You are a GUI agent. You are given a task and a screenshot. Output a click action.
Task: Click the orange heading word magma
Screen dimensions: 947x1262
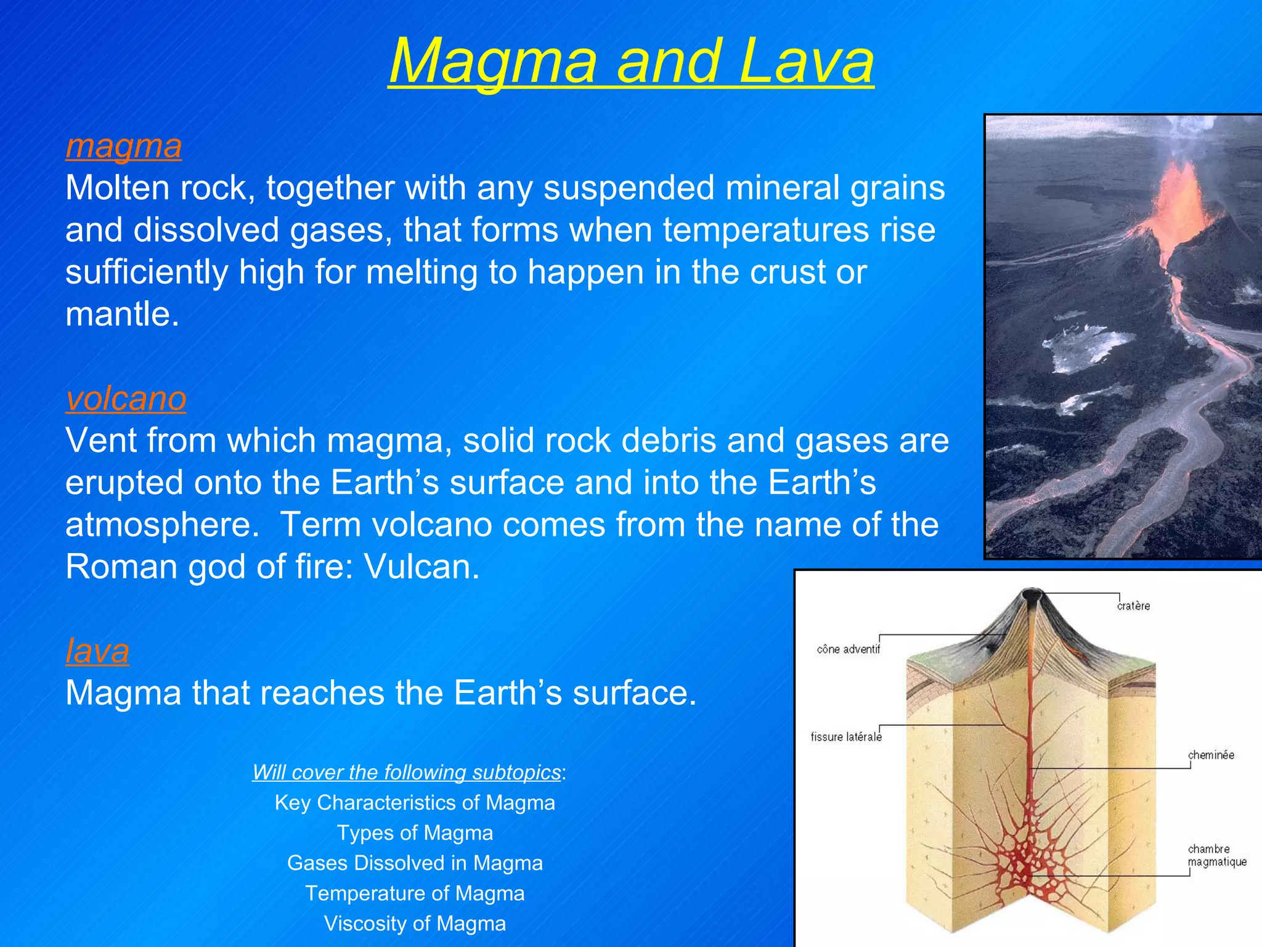click(123, 146)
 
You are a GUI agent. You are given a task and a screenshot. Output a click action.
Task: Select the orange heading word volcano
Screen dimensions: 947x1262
click(126, 398)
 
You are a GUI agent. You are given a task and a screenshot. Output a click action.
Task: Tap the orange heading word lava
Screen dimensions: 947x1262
click(97, 650)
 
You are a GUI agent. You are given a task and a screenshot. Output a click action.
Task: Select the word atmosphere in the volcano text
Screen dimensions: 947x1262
click(162, 525)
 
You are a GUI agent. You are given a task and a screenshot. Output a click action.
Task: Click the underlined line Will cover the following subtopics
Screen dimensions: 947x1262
click(407, 772)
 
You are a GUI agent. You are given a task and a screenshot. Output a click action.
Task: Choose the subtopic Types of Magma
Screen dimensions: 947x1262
click(415, 833)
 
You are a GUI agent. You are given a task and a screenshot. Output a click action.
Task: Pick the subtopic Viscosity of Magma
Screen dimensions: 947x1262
click(415, 924)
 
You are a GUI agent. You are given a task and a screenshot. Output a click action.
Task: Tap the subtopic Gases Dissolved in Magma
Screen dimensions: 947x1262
click(415, 863)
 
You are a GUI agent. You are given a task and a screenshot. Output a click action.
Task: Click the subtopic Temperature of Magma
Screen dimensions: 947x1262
click(415, 893)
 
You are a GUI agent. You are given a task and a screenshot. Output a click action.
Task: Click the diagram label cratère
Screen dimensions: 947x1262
click(1133, 606)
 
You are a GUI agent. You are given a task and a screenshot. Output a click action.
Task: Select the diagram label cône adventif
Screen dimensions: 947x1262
click(848, 649)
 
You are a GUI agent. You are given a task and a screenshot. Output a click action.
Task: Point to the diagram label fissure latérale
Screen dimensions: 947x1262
click(845, 737)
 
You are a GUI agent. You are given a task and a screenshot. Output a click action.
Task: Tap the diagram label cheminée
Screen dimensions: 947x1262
click(1211, 755)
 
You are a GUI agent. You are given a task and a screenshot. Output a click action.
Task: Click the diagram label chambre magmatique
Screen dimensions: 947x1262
click(1216, 855)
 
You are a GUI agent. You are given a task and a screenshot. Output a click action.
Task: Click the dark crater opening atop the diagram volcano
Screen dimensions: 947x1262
click(1030, 595)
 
